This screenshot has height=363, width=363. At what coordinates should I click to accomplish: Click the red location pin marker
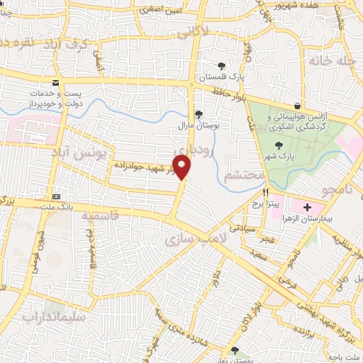pos(183,167)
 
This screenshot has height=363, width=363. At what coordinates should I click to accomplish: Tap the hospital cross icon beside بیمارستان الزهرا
pos(307,207)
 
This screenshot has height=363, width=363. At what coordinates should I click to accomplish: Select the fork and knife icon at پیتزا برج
pos(265,192)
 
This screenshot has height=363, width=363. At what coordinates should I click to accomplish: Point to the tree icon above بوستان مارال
pos(199,113)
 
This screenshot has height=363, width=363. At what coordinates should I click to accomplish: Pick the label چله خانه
pos(330,62)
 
